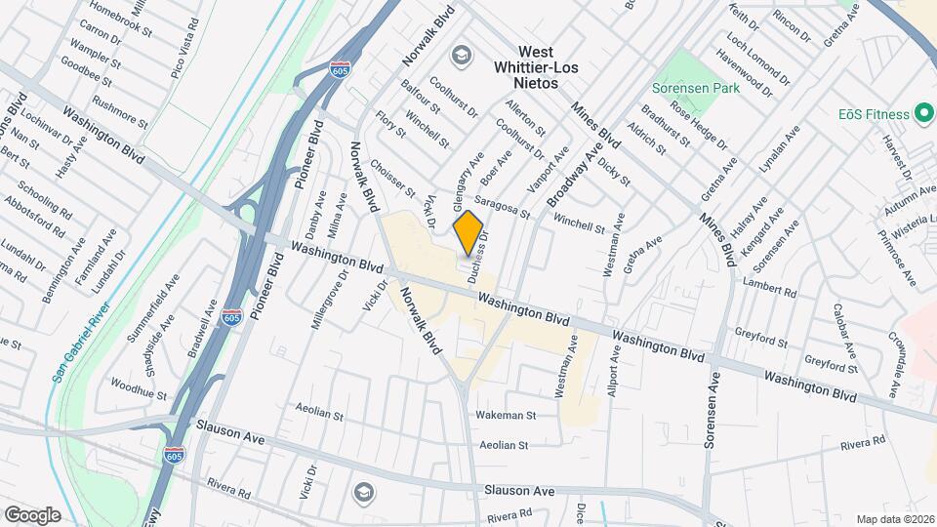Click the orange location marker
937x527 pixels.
pyautogui.click(x=468, y=230)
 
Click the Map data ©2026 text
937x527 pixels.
pyautogui.click(x=895, y=518)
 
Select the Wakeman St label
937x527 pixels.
pyautogui.click(x=507, y=415)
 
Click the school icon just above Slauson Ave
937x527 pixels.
pyautogui.click(x=364, y=491)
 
